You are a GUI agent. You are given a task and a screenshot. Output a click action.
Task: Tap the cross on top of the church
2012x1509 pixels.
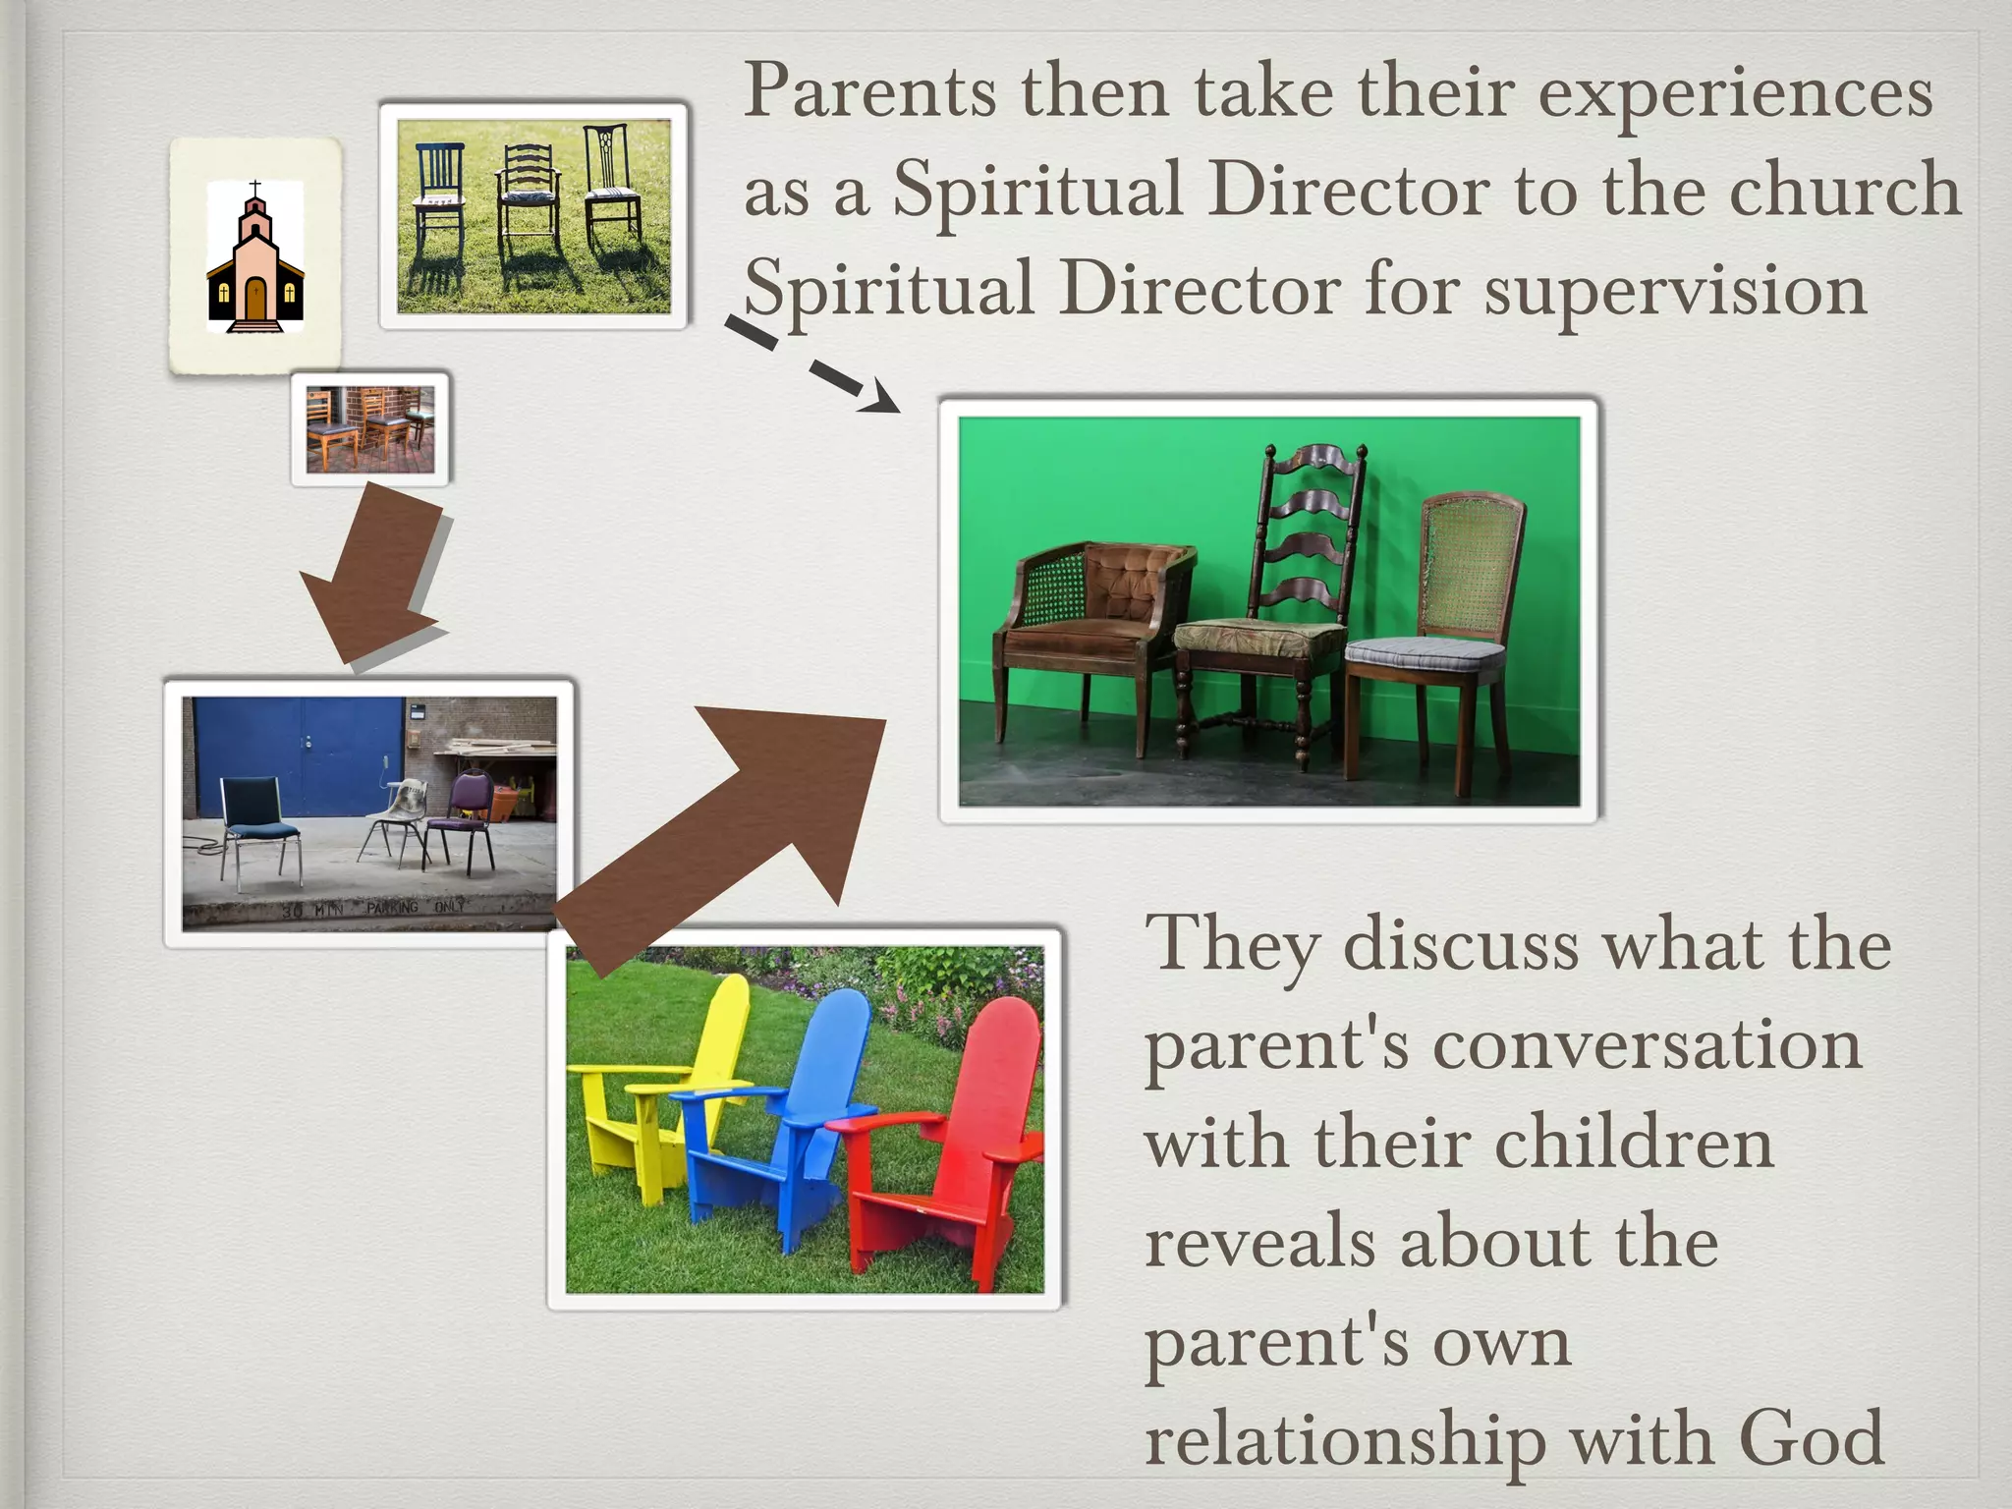coord(255,189)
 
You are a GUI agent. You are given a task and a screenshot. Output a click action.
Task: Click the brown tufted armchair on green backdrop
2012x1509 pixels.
coord(1090,629)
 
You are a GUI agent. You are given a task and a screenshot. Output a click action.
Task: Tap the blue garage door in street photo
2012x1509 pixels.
coord(295,747)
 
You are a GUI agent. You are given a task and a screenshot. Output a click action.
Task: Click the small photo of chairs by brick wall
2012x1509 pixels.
coord(370,429)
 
